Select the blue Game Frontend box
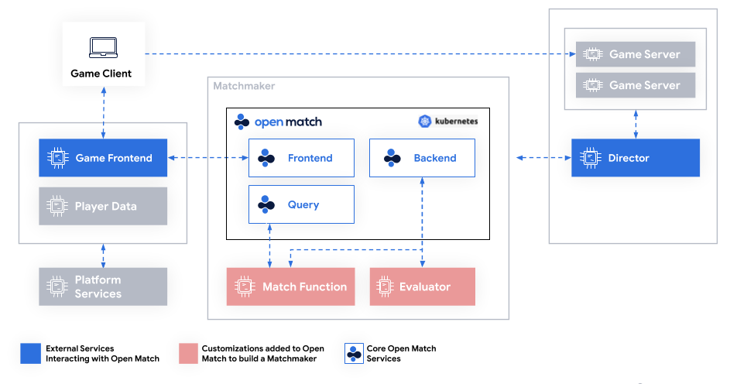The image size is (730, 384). [x=103, y=158]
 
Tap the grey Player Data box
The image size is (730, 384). [x=103, y=207]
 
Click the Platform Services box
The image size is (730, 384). [x=103, y=286]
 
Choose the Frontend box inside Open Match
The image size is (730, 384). [x=301, y=158]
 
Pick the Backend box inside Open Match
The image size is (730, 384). [x=422, y=158]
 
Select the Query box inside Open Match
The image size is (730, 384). [x=301, y=204]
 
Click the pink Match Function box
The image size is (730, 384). [x=290, y=286]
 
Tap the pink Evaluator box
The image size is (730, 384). [x=422, y=286]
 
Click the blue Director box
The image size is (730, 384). [x=635, y=158]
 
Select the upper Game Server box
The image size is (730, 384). [x=636, y=54]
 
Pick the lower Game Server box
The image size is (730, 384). [x=636, y=85]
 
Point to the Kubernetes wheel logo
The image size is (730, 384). [x=424, y=122]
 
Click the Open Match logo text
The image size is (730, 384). [x=287, y=122]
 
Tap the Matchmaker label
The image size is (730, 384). [x=244, y=86]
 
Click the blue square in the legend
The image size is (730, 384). [x=30, y=354]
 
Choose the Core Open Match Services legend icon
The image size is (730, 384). [x=354, y=354]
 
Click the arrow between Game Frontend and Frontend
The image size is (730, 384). [x=207, y=158]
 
